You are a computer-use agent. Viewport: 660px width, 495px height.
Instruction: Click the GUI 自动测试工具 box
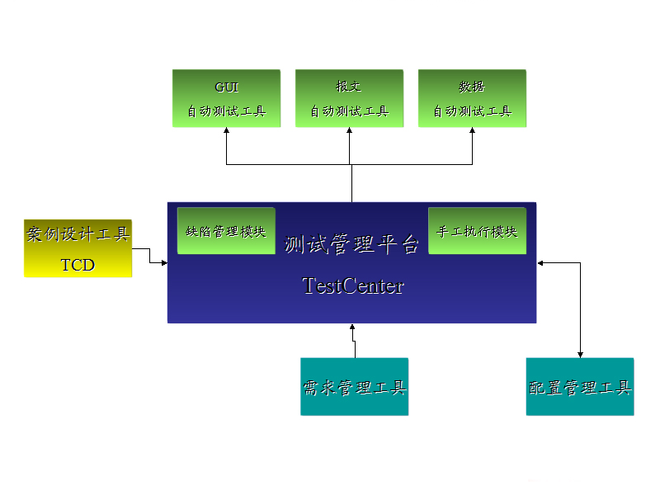click(x=226, y=98)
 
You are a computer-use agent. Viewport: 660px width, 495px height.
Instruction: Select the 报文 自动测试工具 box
click(x=349, y=98)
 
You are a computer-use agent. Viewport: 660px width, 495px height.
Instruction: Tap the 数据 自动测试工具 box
click(x=472, y=98)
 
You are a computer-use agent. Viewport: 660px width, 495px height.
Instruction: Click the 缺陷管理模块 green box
click(x=226, y=231)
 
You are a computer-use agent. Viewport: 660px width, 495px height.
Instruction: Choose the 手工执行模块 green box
click(x=477, y=231)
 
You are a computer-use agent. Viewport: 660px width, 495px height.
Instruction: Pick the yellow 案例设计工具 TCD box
click(x=78, y=248)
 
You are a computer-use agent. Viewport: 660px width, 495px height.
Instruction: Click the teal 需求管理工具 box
click(x=354, y=386)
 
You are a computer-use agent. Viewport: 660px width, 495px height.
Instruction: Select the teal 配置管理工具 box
click(x=580, y=386)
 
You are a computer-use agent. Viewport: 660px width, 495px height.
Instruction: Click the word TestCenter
click(x=353, y=285)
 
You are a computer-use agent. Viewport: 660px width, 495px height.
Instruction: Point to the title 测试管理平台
click(x=352, y=244)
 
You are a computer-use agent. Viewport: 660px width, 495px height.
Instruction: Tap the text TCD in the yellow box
click(x=78, y=265)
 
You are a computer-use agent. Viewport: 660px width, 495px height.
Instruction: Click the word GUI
click(x=226, y=87)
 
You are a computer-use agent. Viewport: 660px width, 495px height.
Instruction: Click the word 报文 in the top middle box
click(x=349, y=87)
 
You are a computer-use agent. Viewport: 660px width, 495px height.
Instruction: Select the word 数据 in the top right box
click(x=472, y=87)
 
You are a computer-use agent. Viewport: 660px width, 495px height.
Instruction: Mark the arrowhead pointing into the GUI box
click(x=226, y=132)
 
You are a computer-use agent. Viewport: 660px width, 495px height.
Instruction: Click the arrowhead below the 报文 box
click(x=349, y=132)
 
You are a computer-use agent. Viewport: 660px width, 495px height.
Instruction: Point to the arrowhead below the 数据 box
click(x=473, y=132)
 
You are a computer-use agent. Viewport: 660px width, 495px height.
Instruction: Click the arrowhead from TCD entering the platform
click(x=163, y=262)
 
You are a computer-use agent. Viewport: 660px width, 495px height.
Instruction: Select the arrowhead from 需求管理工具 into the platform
click(x=352, y=328)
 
